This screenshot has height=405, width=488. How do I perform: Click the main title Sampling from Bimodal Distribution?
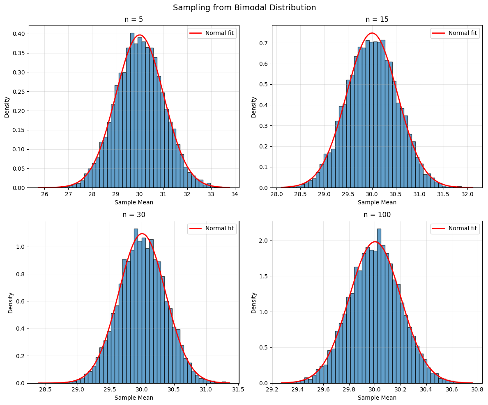[x=244, y=7]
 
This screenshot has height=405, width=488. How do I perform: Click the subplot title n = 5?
[x=134, y=19]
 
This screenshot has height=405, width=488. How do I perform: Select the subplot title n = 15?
[x=377, y=19]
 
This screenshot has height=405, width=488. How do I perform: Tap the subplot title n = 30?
[x=134, y=215]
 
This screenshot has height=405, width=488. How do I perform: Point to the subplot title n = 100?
[x=377, y=215]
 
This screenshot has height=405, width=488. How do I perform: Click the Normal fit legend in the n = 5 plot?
[x=212, y=33]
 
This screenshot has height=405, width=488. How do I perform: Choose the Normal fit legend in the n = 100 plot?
[x=455, y=229]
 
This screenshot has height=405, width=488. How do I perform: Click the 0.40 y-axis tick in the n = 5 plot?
[x=19, y=34]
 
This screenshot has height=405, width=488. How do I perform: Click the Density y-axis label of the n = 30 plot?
[x=10, y=303]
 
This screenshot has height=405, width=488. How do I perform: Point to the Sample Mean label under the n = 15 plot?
[x=377, y=202]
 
